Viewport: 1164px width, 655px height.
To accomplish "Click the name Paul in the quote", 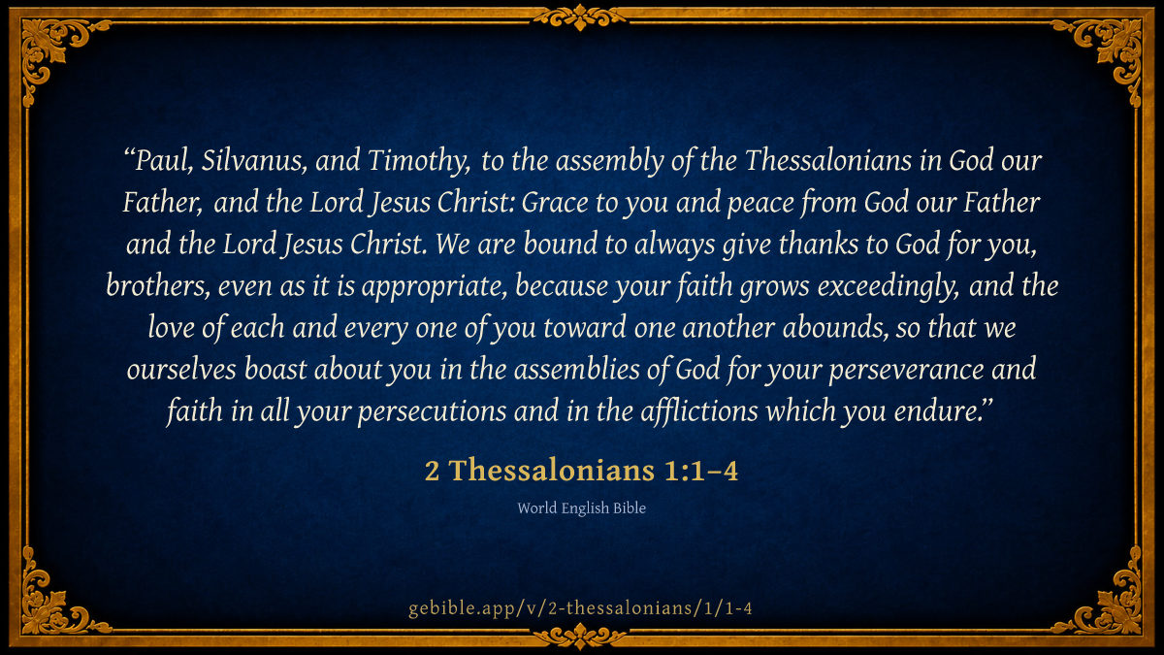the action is point(163,161).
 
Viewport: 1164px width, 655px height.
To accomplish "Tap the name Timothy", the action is point(418,162).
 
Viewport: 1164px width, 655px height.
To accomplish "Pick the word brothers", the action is point(156,286).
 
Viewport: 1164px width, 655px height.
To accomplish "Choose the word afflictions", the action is point(699,411).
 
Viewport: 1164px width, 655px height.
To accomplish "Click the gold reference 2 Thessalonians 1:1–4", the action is point(581,471).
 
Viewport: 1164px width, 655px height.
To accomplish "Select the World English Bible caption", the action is point(581,508).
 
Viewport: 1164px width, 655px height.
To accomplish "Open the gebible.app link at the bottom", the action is point(580,607).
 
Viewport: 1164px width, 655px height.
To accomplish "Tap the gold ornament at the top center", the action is point(580,17).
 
